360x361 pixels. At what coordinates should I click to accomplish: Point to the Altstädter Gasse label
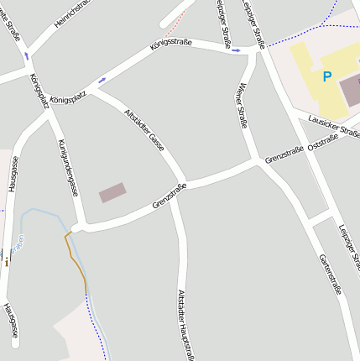click(x=143, y=129)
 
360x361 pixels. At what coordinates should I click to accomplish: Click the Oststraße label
click(x=324, y=146)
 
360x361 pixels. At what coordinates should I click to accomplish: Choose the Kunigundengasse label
click(x=68, y=167)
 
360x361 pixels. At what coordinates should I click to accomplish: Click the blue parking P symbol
click(x=326, y=76)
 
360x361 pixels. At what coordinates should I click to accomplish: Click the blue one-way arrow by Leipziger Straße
click(x=237, y=50)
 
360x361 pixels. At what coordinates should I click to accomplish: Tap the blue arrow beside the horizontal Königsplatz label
click(x=102, y=81)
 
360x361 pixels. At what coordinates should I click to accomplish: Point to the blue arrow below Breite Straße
click(x=26, y=55)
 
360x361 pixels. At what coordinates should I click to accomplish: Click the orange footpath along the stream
click(x=76, y=261)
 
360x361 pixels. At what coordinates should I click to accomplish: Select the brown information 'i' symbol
click(x=7, y=262)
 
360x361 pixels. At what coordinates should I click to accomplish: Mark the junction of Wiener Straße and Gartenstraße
click(x=257, y=160)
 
